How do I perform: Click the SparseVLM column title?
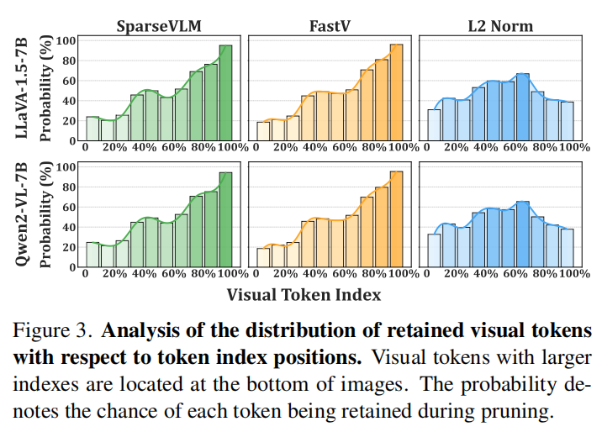click(161, 26)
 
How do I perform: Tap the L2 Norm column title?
click(501, 26)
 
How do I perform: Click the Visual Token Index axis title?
click(304, 294)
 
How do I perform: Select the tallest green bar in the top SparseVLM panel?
click(225, 92)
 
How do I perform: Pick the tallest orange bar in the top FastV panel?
click(396, 92)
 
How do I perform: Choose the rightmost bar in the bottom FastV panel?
click(396, 219)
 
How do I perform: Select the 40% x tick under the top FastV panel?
click(314, 147)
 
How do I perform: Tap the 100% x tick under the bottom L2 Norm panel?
click(573, 274)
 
